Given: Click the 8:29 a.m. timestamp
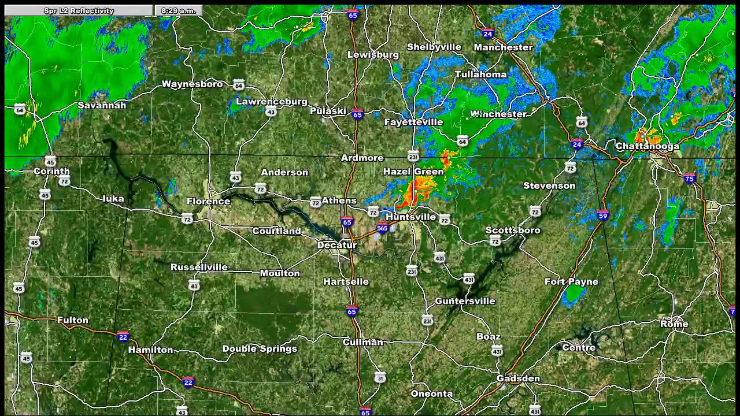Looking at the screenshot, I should point(178,10).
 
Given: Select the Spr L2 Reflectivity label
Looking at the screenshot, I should point(79,10).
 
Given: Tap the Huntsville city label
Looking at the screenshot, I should point(410,217).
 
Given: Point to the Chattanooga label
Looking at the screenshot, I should point(647,146).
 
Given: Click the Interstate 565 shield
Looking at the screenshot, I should point(382,229).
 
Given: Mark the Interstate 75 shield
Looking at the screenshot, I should point(689,179).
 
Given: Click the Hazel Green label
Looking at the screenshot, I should point(413,172).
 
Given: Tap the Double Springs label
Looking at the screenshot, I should point(260,348).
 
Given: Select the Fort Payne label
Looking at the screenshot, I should point(571,281).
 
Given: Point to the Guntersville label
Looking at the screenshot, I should point(465,301).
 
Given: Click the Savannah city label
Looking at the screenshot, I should point(102,105).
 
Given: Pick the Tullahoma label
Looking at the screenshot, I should point(480,75).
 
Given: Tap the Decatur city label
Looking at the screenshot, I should point(337,245).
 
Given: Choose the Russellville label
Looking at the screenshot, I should point(199,268).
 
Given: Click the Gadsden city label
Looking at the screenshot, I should point(518,378).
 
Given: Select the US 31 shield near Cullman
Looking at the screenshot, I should point(380,378).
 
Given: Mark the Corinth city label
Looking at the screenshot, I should point(51,171).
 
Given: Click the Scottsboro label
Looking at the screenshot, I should point(513,230).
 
